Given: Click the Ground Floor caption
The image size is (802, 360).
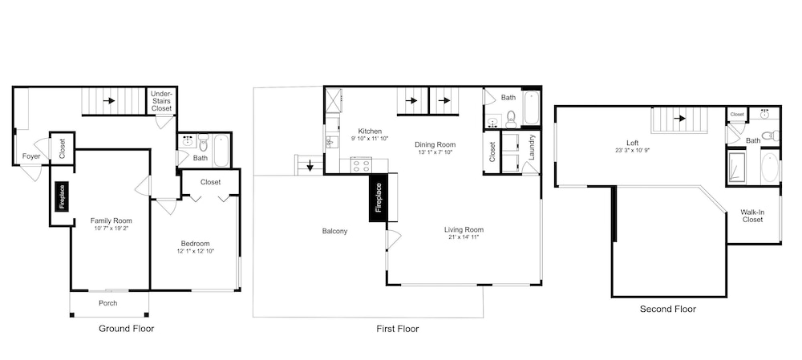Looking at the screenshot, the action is click(x=126, y=328).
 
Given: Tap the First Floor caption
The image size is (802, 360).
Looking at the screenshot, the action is click(x=398, y=329).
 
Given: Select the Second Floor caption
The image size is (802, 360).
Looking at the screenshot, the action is click(x=668, y=309).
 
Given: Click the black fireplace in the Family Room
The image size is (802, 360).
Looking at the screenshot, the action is click(x=62, y=197).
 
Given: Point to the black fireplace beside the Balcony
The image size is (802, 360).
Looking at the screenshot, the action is click(x=379, y=198).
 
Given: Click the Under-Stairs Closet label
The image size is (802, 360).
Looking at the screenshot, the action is click(x=162, y=101).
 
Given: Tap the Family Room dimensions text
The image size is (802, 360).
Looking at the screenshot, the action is click(x=111, y=229).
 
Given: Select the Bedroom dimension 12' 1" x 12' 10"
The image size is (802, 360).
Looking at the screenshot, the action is click(x=195, y=251).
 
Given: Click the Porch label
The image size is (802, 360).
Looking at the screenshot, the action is click(x=108, y=303).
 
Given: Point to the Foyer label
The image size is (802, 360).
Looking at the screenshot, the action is click(x=31, y=156).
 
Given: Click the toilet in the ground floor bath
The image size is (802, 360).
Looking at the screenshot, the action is click(x=203, y=142).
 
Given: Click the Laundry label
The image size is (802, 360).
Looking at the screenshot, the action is click(x=532, y=148).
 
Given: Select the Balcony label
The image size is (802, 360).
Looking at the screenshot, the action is click(x=334, y=231).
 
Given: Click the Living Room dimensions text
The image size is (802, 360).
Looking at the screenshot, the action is click(x=464, y=237).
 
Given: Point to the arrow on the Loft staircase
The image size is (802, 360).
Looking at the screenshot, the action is click(x=679, y=119).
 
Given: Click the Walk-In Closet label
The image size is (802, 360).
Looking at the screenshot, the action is click(x=752, y=216).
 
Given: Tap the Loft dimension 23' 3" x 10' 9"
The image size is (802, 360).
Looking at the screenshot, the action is click(x=633, y=151).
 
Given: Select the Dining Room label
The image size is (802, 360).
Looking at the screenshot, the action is click(x=435, y=144).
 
